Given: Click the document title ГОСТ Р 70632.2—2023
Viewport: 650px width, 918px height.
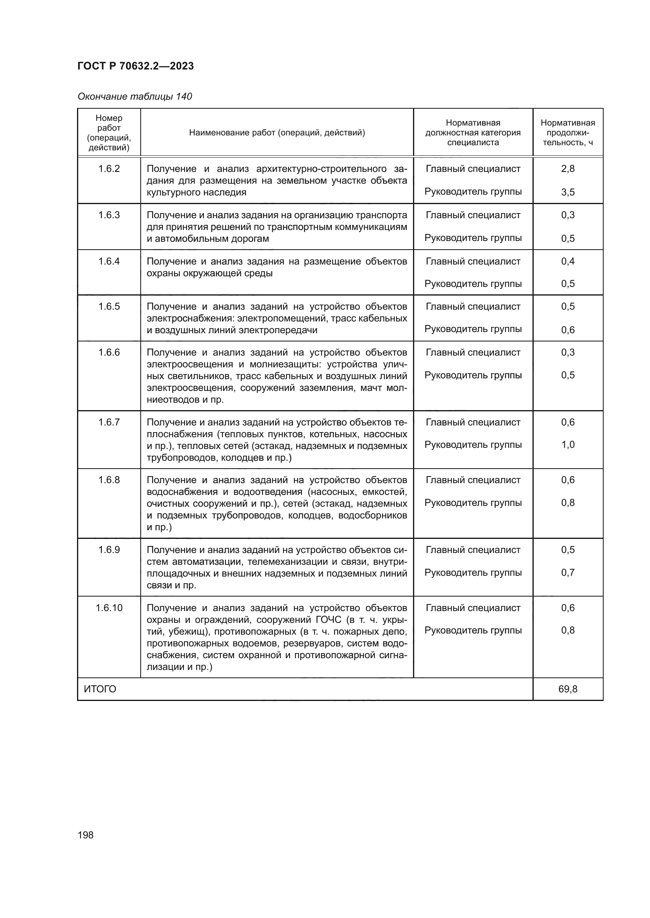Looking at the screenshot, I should coord(135,66).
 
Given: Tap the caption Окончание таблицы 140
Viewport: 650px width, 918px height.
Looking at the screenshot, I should coord(134,97).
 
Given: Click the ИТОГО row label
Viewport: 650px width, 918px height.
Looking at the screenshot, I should coord(100,689).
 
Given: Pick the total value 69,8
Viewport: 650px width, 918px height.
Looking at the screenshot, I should coord(567,689).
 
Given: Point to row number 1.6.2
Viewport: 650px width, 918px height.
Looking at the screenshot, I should coord(109,169).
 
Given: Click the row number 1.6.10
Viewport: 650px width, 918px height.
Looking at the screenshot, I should coord(109,608).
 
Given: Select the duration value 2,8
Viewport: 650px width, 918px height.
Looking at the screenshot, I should coord(567,169).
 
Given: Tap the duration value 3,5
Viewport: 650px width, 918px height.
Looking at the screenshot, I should coord(567,192).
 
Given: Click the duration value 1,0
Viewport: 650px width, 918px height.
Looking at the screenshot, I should coord(567,445).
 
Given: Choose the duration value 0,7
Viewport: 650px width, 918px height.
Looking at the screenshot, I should coord(567,573).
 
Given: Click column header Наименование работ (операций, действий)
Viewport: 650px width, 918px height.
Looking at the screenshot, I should coord(277,132).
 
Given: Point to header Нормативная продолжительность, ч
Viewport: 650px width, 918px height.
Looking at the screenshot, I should coord(567,132).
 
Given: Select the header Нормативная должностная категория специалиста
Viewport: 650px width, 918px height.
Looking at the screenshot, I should coord(473,132).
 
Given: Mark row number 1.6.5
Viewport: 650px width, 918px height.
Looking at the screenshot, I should coord(109,307).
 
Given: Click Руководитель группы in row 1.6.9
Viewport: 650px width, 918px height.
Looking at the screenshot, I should coord(473,573).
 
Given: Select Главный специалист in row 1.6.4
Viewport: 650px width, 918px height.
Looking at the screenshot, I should coord(473,261).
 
